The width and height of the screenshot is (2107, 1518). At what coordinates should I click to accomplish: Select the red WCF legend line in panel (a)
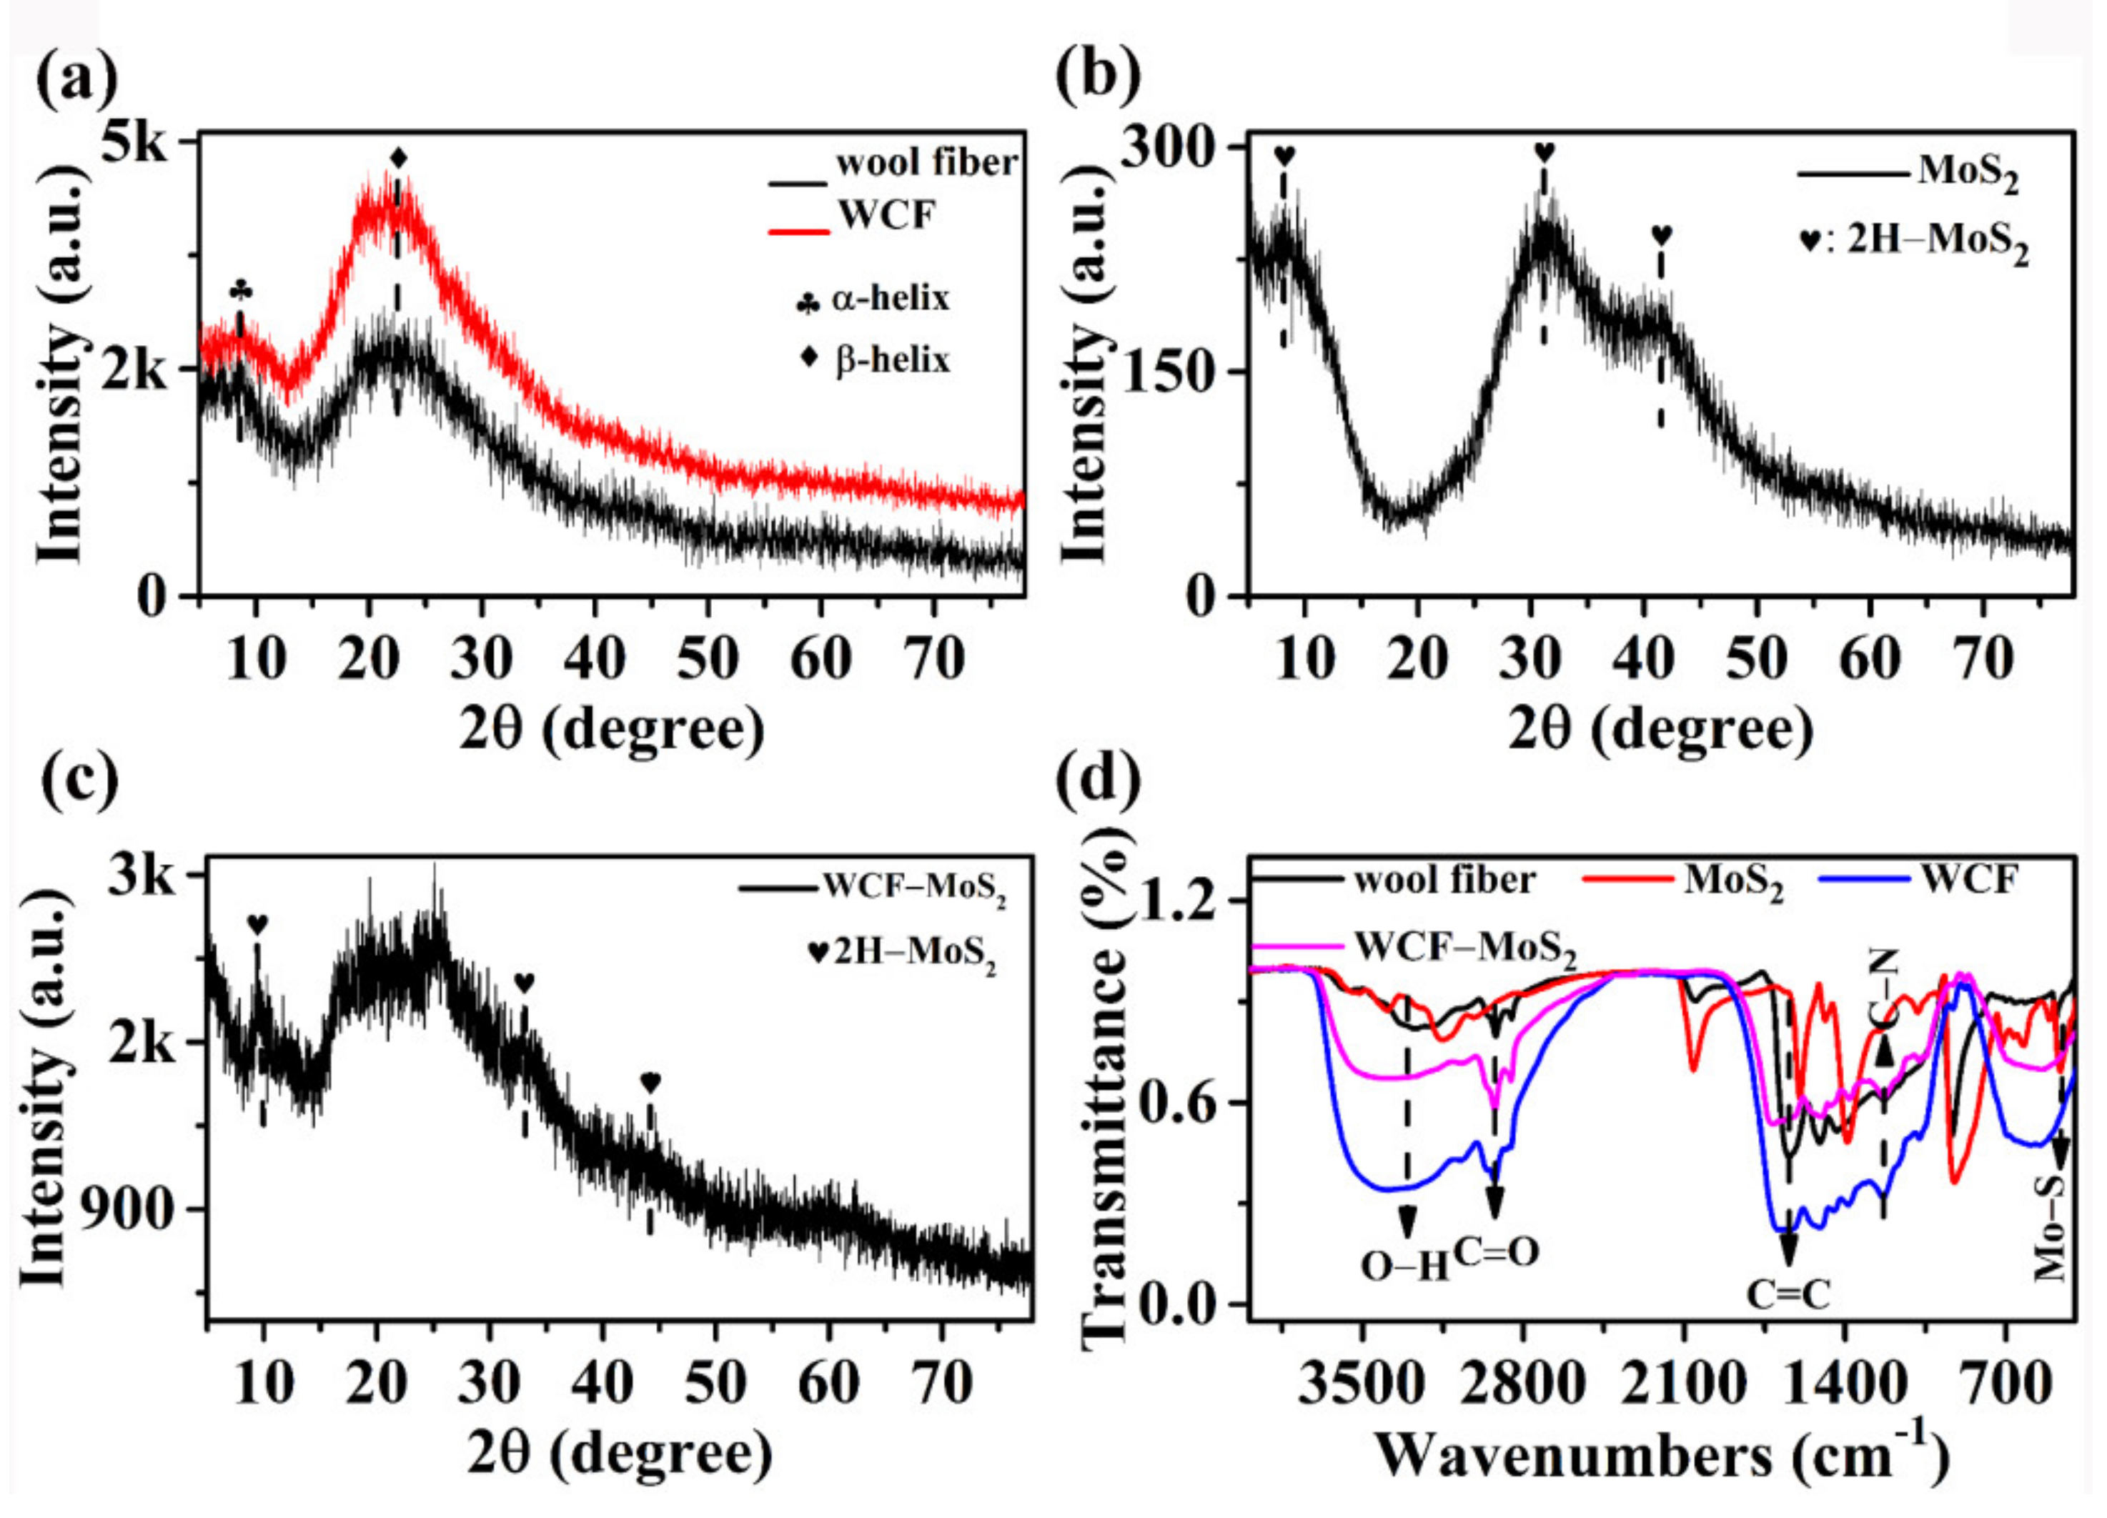[798, 229]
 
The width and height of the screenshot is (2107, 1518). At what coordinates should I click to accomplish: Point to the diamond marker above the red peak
[399, 158]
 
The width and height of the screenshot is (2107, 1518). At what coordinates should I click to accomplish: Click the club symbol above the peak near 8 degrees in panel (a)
[241, 290]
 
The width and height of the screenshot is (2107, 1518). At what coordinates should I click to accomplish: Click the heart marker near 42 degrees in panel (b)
[1661, 235]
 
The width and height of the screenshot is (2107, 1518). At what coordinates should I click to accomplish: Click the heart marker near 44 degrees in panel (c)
[650, 1082]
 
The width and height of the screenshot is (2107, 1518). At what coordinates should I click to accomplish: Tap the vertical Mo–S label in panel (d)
[2051, 1228]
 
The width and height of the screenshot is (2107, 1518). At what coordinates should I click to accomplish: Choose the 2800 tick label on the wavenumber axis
[1522, 1384]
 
